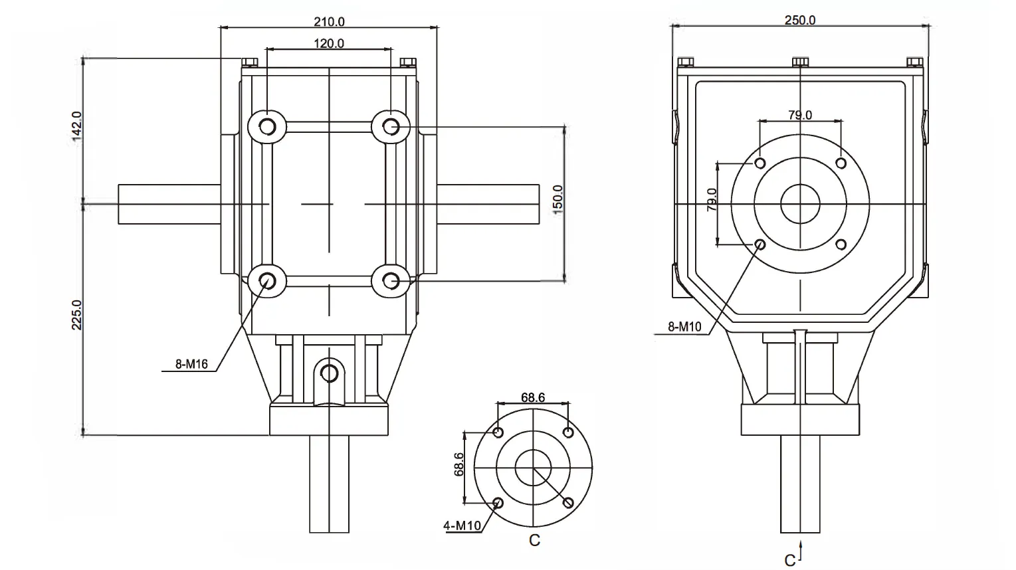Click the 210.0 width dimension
[x=329, y=21]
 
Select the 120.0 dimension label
[x=329, y=44]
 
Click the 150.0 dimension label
[x=558, y=198]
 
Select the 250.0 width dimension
[x=799, y=20]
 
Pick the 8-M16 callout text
[x=191, y=364]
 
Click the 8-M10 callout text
[x=684, y=327]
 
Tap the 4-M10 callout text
[x=462, y=526]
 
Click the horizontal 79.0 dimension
[x=799, y=115]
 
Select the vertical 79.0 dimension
[x=712, y=200]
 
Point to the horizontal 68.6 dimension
[x=533, y=397]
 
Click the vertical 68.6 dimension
[x=458, y=465]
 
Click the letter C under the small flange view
[x=534, y=541]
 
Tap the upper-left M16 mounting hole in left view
[x=267, y=126]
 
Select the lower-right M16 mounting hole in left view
[x=391, y=281]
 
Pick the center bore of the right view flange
[x=800, y=204]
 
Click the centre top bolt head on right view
[x=800, y=62]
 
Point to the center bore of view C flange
[x=533, y=467]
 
